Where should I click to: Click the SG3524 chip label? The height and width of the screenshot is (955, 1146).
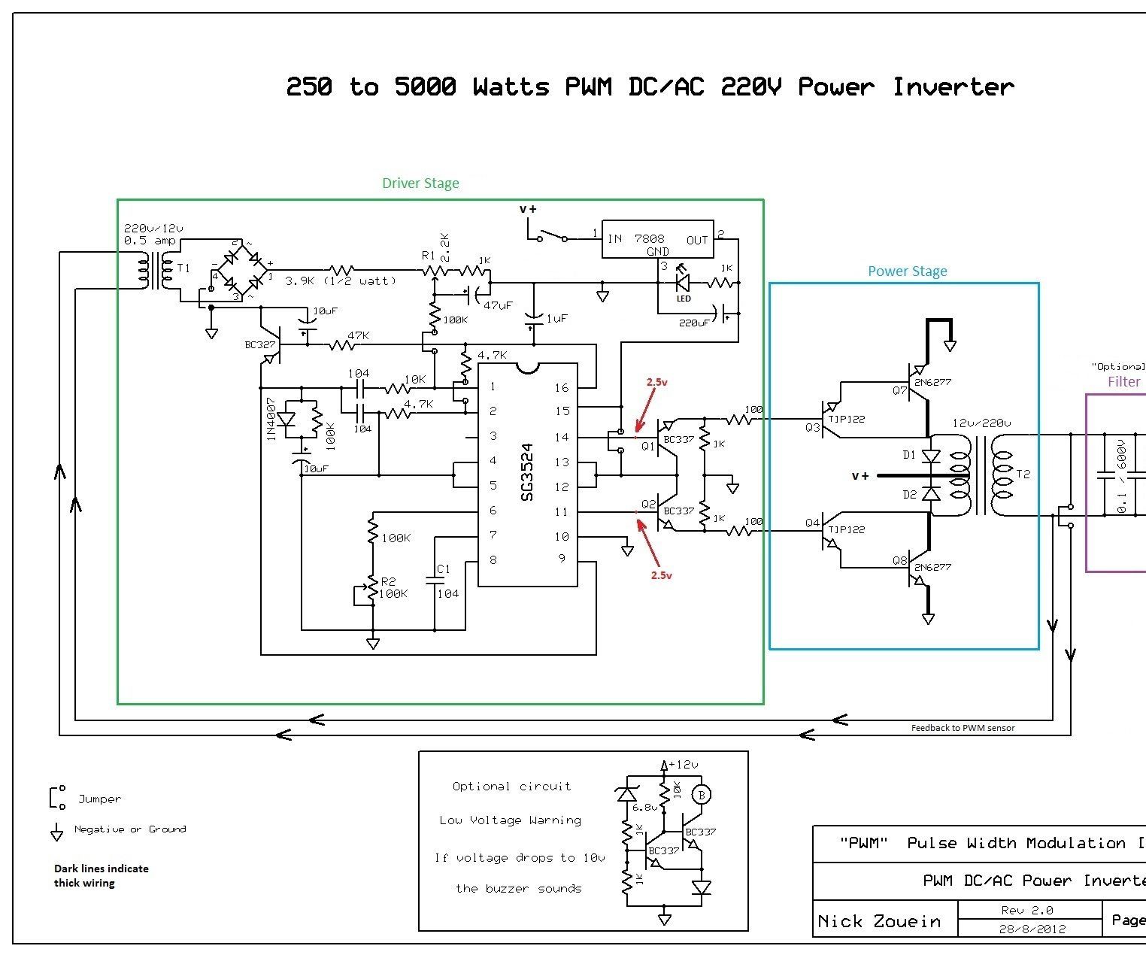point(527,472)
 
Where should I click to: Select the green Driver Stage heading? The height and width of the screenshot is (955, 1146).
point(420,183)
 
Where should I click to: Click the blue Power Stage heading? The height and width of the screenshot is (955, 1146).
point(907,271)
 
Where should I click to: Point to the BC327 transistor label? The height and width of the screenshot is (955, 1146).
point(259,344)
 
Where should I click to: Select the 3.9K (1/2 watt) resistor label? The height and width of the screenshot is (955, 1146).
point(340,280)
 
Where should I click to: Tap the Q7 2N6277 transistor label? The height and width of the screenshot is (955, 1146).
point(932,382)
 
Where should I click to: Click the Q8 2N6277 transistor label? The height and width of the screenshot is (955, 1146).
point(932,567)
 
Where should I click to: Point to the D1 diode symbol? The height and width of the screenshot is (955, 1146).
point(931,456)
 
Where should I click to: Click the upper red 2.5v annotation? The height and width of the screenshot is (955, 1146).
point(656,382)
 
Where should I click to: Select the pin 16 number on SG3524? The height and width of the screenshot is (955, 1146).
point(562,387)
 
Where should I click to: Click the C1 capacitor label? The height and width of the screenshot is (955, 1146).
point(443,568)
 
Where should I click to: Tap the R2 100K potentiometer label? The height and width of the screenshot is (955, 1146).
point(393,587)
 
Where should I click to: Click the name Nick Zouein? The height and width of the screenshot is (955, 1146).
point(878,921)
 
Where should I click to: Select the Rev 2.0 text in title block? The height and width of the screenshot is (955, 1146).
point(1026,910)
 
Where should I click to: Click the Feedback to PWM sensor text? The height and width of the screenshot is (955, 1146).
point(963,727)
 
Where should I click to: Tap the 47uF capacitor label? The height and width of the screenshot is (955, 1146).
point(498,305)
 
